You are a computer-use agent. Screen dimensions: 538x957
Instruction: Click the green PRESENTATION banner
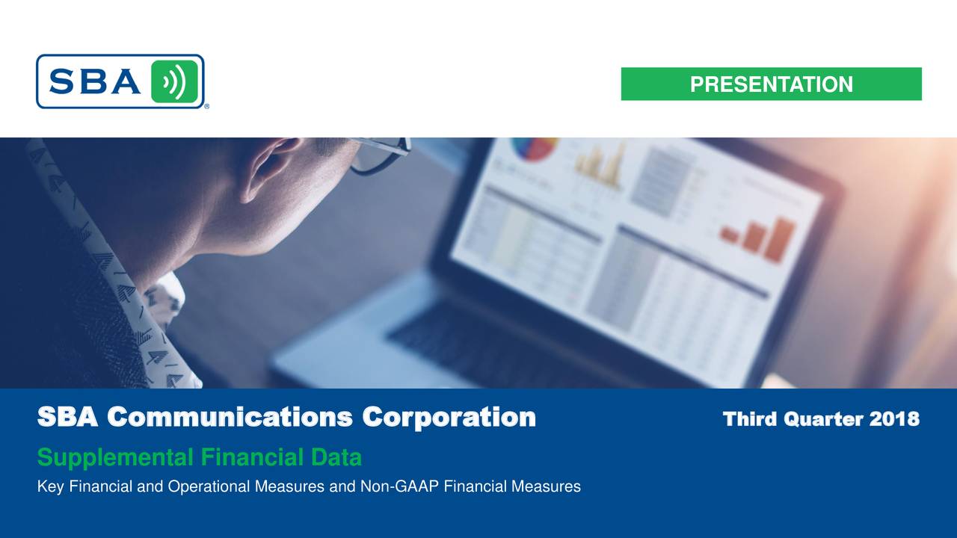point(771,84)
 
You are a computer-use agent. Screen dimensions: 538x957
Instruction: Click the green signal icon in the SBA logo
point(174,81)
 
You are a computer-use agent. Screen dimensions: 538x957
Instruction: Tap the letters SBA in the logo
point(94,81)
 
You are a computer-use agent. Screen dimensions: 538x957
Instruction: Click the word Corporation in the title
point(449,418)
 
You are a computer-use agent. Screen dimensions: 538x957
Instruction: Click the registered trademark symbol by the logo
point(206,107)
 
